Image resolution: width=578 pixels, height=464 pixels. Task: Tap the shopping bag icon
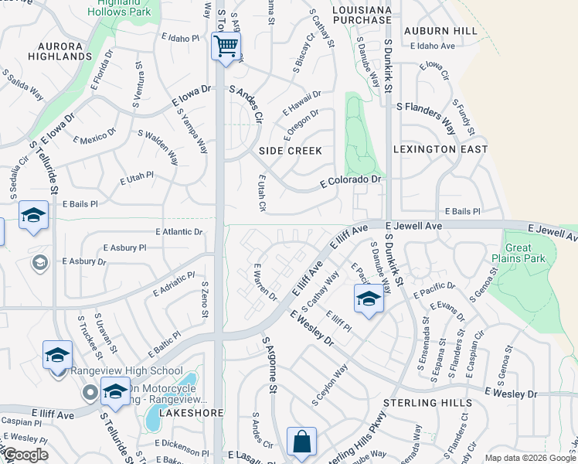click(x=301, y=442)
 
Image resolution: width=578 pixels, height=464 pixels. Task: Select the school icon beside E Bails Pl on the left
click(x=33, y=216)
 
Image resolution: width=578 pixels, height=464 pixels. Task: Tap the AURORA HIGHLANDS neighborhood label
click(x=59, y=51)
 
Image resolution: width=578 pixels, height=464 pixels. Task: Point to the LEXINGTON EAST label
click(x=440, y=149)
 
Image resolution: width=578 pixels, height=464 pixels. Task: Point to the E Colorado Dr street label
click(x=352, y=180)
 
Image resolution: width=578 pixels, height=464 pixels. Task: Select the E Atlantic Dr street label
click(x=178, y=231)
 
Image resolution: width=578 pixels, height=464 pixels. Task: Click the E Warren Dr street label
click(x=264, y=282)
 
